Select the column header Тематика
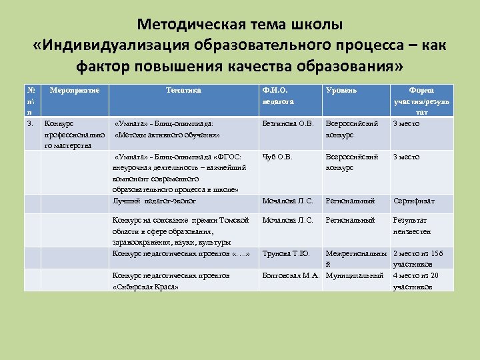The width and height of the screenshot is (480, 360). coord(183,90)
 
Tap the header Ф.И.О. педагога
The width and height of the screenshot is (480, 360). coord(279,95)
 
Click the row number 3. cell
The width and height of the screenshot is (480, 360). coord(29,124)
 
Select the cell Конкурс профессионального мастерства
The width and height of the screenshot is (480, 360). coord(74,135)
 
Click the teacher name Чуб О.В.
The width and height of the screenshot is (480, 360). coord(277,157)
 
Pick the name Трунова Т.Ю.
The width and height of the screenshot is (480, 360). coord(286,253)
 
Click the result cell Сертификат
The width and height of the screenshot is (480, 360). coord(413,201)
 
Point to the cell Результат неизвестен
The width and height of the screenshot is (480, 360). coord(412,225)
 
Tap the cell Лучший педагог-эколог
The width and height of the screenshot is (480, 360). coord(154,201)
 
